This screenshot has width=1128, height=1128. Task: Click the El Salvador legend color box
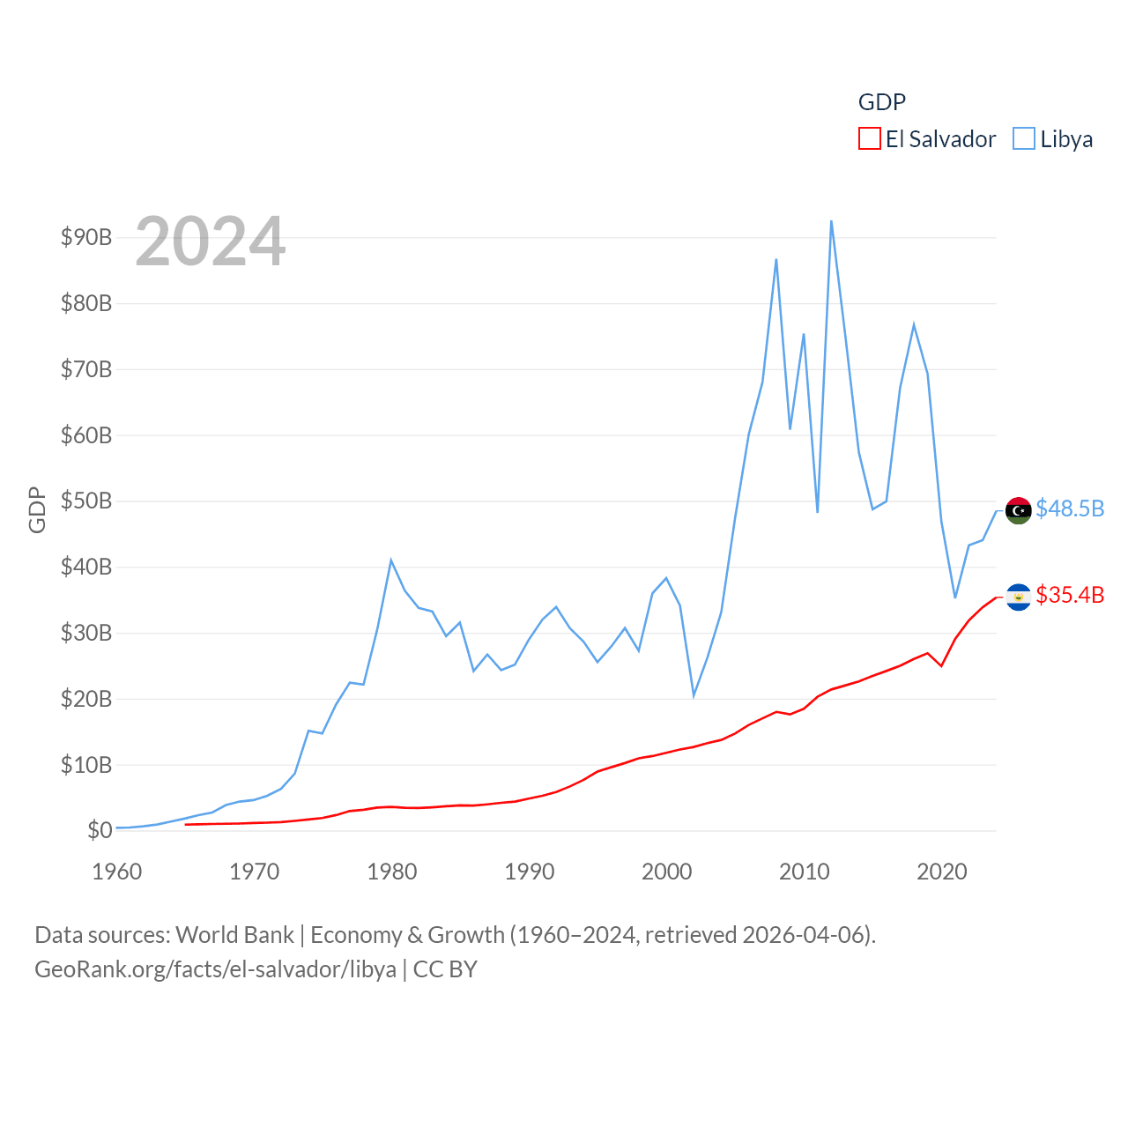tap(869, 139)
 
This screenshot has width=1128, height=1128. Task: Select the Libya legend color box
tap(1023, 139)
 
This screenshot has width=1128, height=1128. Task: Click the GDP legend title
tap(881, 102)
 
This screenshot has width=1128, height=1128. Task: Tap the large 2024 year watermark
tap(210, 241)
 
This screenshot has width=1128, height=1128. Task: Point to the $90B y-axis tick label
tap(86, 237)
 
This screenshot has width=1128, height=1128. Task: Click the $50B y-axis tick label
tap(86, 501)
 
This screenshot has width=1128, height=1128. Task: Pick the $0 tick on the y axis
tap(100, 830)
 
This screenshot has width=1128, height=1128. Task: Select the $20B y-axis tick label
tap(86, 699)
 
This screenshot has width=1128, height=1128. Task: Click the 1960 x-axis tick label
tap(117, 872)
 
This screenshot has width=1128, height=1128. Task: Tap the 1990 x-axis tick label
tap(530, 872)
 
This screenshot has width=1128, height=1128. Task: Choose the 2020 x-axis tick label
tap(942, 872)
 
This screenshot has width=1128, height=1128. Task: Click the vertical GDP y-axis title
tap(37, 509)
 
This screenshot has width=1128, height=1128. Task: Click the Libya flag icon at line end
tap(1018, 510)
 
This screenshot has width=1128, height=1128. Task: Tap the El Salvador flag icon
tap(1018, 597)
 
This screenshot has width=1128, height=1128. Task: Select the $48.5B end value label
tap(1070, 508)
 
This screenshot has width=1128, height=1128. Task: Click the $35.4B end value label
tap(1070, 595)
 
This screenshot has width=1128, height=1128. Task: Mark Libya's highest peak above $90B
tap(831, 222)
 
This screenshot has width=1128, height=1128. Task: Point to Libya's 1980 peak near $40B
tap(391, 560)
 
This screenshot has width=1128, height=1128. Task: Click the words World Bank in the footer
tap(235, 934)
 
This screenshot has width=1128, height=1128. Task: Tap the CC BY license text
tap(445, 969)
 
